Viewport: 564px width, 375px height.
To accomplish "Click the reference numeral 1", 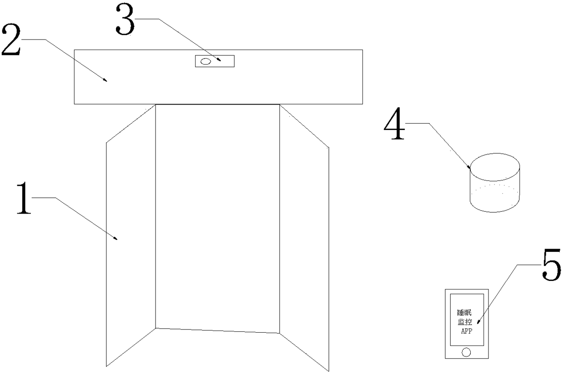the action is (x=24, y=199).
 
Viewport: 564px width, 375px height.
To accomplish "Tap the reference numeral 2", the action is (x=11, y=40).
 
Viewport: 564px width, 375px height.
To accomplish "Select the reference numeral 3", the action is (x=125, y=19).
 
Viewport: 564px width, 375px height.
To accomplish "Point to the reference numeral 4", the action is (x=394, y=124).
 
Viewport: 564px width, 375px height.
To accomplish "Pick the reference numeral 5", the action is (x=551, y=265).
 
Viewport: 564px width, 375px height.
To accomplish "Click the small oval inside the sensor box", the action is (x=206, y=61).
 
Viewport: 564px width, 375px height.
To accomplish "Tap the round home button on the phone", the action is (x=466, y=352).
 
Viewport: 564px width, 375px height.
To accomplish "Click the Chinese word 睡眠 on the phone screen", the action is (x=464, y=313).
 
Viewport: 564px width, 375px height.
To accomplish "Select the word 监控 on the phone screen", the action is (x=465, y=322).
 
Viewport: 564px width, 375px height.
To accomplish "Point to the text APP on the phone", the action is (x=467, y=331).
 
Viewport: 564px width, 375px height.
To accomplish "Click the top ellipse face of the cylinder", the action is (x=495, y=167).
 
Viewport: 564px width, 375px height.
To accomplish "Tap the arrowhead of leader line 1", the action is (x=116, y=238).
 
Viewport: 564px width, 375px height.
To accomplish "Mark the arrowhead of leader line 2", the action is (x=105, y=80).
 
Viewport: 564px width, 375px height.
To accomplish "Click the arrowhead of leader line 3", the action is (x=219, y=60).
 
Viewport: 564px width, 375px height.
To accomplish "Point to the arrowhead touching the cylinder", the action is (x=468, y=167).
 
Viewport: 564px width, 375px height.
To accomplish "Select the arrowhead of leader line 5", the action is (x=478, y=322).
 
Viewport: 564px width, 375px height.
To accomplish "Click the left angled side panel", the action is (x=131, y=235).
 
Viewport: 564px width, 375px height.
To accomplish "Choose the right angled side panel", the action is (x=304, y=238).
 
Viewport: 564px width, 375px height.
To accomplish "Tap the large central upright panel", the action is (x=217, y=219).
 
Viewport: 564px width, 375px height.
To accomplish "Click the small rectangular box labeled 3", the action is (x=215, y=61).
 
